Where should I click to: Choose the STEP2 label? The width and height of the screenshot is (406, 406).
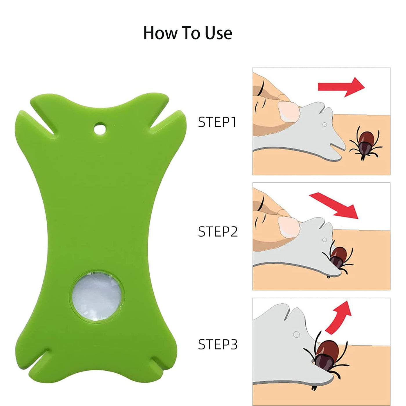click(x=218, y=231)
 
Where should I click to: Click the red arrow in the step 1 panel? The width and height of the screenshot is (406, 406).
click(x=341, y=87)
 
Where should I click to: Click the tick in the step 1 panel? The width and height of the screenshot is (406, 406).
click(x=366, y=143)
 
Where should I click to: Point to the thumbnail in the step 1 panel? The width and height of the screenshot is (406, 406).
click(x=289, y=112)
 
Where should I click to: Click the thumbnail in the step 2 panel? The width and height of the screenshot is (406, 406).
click(x=289, y=226)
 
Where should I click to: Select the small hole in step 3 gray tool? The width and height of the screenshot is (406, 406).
click(x=296, y=334)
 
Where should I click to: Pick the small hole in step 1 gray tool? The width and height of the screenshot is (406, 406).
click(x=325, y=125)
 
